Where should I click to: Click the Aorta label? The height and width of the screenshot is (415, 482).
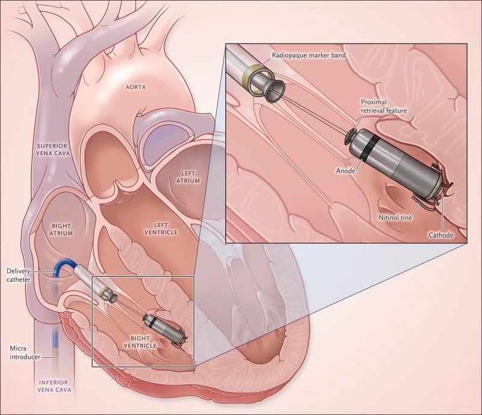[136, 87]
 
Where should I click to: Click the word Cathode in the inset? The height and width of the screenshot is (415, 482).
[441, 234]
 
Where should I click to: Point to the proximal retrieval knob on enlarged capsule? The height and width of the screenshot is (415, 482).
[349, 135]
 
